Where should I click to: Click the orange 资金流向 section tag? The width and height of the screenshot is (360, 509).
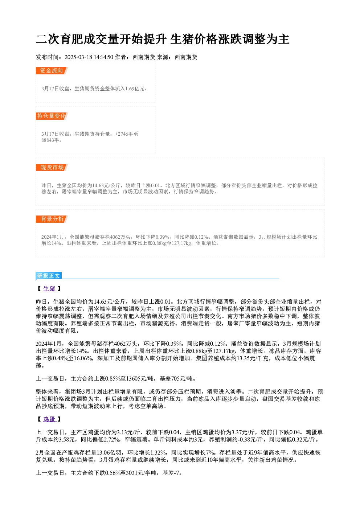coord(52,71)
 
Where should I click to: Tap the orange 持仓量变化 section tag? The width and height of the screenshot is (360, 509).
coord(52,116)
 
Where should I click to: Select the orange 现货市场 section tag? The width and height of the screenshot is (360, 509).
coord(52,168)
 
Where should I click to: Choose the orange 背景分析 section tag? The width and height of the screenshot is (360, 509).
coord(52,219)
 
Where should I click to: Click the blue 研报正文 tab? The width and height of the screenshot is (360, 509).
coord(49,275)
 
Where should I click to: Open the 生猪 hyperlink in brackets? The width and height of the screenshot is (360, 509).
coord(49,288)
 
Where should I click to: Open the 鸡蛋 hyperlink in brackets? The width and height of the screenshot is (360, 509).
coord(49,419)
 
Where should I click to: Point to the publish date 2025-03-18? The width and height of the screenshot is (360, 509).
coord(78,57)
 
